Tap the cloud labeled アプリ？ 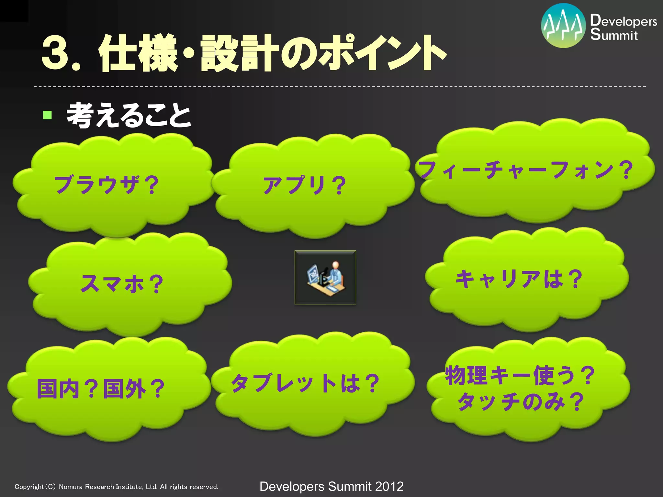point(304,185)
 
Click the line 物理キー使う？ point(520,375)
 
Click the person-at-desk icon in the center point(325,277)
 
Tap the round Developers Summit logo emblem point(563,26)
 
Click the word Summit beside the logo point(614,35)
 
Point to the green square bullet point(47,115)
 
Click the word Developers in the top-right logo point(624,21)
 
